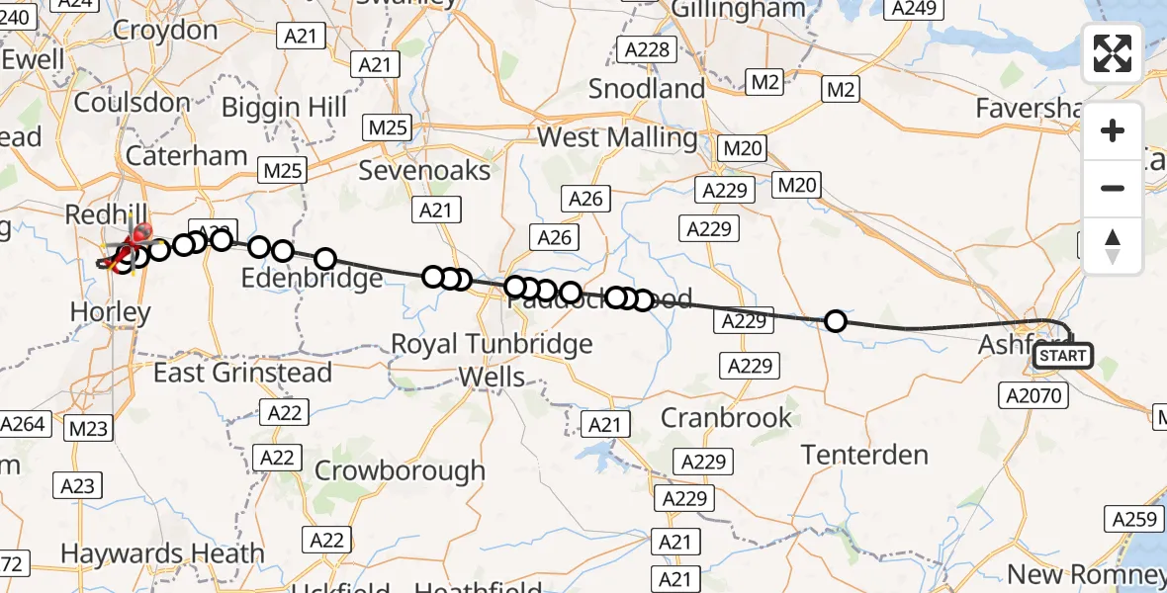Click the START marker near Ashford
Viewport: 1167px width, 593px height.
coord(1062,356)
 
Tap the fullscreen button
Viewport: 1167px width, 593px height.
coord(1113,53)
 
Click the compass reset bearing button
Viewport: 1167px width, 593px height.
coord(1113,246)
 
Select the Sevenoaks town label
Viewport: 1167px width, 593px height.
coord(424,171)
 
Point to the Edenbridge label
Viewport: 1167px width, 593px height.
coord(313,279)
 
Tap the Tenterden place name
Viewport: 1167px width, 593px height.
coord(864,455)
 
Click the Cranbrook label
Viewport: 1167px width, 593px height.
coord(726,417)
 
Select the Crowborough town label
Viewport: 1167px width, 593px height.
coord(400,470)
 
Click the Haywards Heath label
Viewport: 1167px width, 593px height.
coord(162,553)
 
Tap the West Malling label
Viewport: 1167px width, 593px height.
coord(617,137)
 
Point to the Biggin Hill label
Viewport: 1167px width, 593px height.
coord(285,106)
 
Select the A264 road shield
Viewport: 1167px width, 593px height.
coord(23,424)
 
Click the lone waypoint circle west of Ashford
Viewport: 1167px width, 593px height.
coord(836,321)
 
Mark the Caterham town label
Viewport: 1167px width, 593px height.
coord(186,156)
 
